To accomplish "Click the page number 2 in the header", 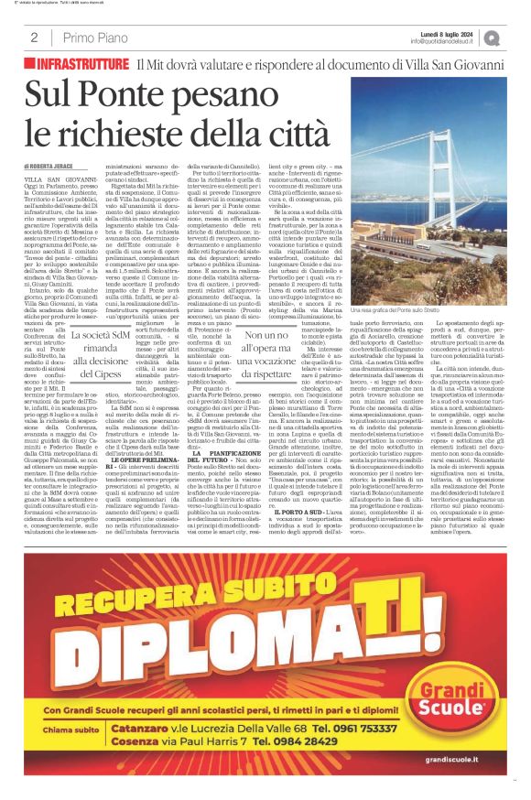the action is [x=33, y=38].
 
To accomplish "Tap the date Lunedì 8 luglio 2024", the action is [x=465, y=33].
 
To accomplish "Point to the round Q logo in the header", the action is [x=518, y=38].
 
